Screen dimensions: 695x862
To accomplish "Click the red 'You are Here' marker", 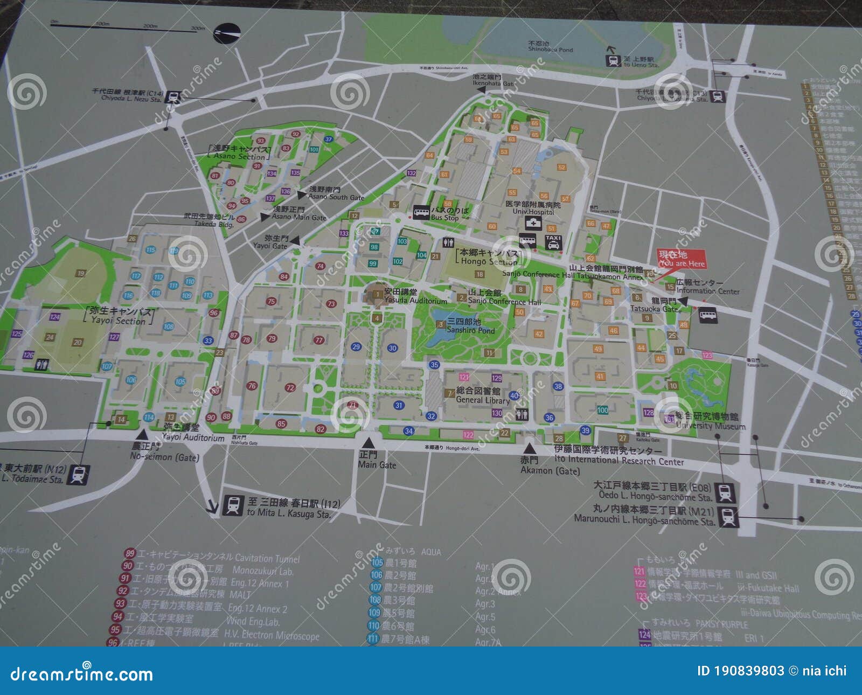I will [x=681, y=259].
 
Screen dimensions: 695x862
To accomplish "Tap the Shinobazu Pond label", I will [x=550, y=47].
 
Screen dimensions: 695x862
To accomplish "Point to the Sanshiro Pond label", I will [x=470, y=326].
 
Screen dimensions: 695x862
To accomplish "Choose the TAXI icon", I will [x=553, y=242].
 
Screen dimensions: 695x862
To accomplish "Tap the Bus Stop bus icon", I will [x=421, y=212].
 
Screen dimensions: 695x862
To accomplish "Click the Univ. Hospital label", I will [x=533, y=208].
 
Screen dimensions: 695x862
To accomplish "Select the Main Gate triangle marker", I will [x=369, y=443].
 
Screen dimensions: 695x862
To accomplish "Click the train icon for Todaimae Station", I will [x=78, y=475].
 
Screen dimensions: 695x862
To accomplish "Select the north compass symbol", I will [x=226, y=33].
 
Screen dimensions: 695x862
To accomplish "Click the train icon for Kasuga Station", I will [x=233, y=505].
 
